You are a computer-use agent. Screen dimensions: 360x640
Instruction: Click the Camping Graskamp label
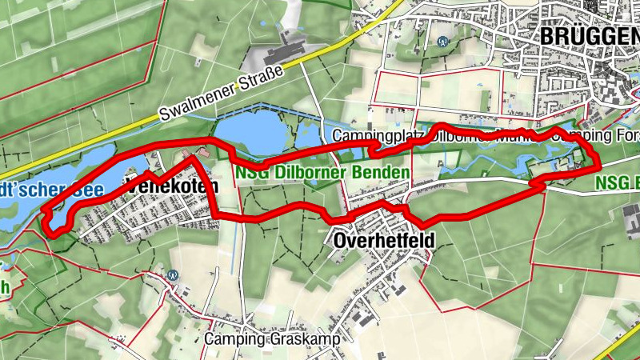click(272, 339)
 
